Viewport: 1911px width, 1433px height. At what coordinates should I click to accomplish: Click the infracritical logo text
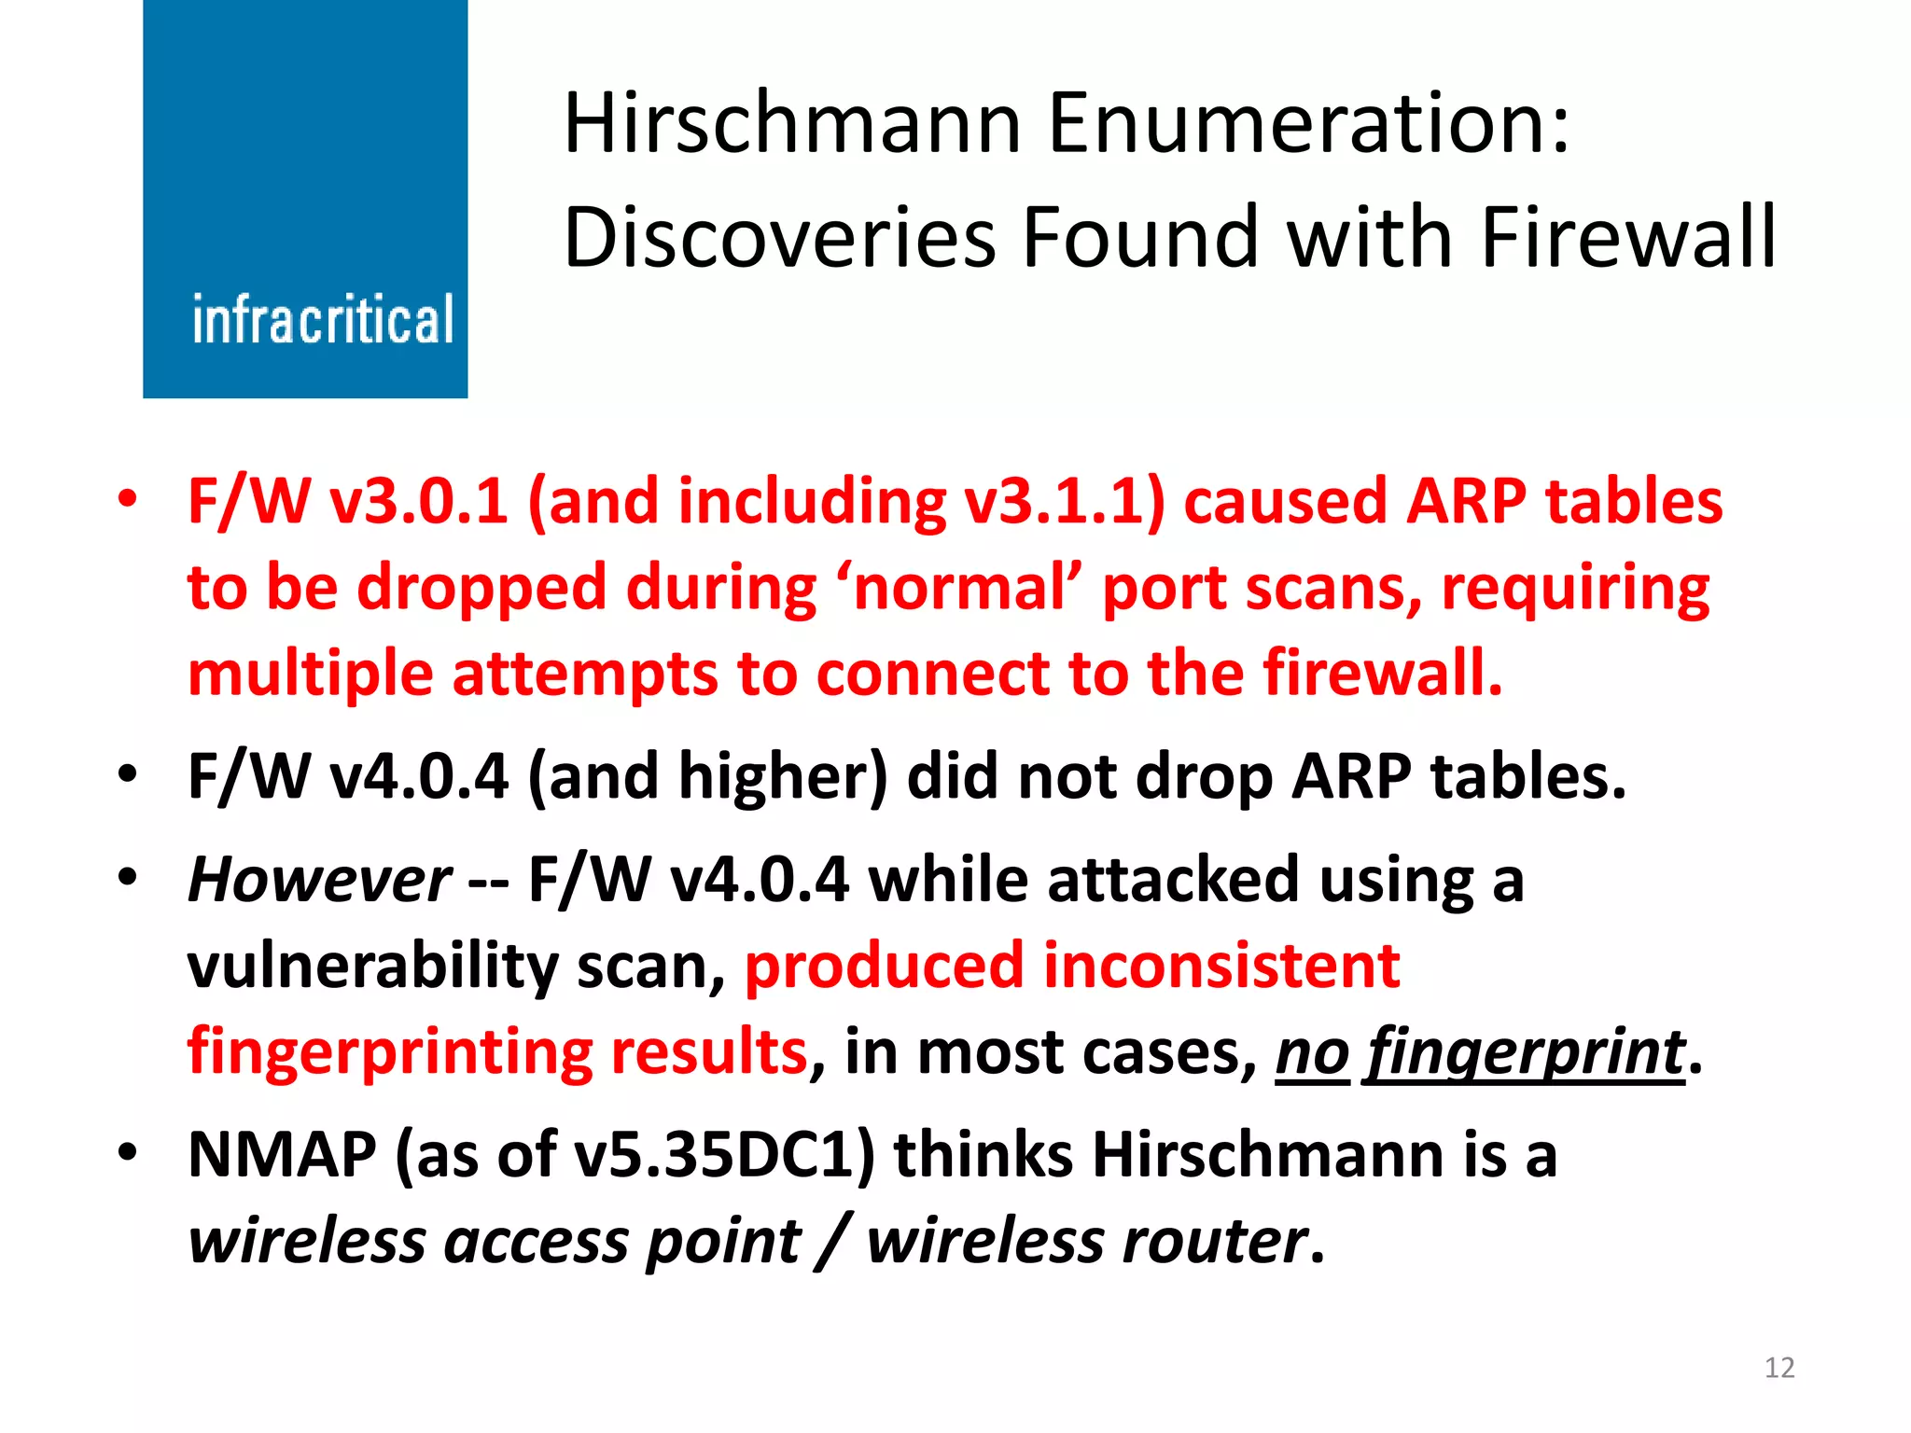[323, 319]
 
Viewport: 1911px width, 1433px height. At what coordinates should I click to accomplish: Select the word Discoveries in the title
[780, 237]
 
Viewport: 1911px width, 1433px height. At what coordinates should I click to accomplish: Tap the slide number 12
[1779, 1368]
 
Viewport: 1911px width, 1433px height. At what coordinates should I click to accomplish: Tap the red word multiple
[311, 674]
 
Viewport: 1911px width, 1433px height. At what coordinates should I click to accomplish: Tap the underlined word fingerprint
[1525, 1052]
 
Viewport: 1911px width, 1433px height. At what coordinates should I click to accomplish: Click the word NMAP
[282, 1155]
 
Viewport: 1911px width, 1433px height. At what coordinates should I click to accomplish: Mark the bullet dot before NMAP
[128, 1153]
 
